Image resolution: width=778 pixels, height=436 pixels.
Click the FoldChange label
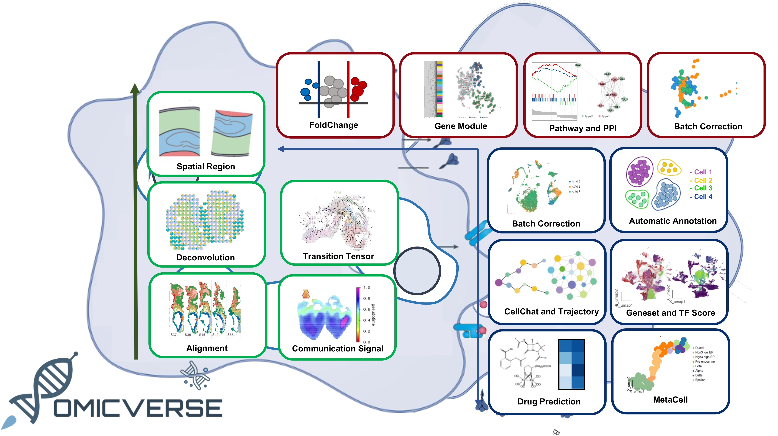tap(333, 125)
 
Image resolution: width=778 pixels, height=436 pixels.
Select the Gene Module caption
tap(461, 126)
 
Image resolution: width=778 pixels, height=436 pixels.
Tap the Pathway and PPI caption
tap(583, 128)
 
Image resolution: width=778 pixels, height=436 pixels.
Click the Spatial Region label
tap(206, 166)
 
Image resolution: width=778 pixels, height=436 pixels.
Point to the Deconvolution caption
tap(205, 257)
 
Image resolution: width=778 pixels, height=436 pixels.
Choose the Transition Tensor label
tap(338, 256)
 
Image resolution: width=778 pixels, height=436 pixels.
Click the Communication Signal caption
tap(337, 348)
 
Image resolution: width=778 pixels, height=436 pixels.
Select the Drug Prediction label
tap(549, 401)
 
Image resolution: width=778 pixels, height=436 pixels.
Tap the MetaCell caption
tap(670, 399)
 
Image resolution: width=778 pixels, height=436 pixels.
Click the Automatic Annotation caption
tap(673, 221)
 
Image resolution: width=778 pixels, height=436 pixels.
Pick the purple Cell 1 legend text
tap(701, 172)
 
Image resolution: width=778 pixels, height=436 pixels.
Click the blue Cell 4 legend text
tap(701, 196)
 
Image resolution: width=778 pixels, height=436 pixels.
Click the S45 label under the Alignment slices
tap(202, 335)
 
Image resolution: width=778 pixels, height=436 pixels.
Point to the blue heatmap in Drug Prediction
tap(571, 364)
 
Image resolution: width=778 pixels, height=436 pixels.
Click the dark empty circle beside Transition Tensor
tap(417, 271)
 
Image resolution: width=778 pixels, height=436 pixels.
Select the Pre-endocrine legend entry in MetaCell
tap(705, 362)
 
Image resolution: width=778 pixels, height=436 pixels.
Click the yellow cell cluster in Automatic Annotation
tap(669, 167)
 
